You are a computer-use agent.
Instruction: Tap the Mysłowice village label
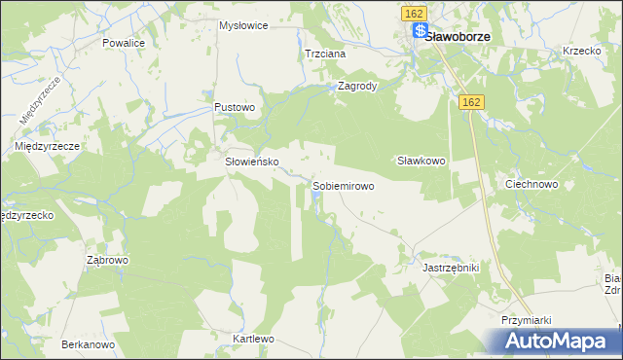[243, 26]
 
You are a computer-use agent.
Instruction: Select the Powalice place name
[124, 44]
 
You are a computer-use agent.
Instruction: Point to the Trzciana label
[325, 54]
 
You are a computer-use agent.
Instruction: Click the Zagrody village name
[356, 86]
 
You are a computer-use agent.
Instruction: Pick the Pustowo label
[235, 107]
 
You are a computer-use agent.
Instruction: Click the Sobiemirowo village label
[344, 185]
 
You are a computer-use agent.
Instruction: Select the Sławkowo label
[421, 162]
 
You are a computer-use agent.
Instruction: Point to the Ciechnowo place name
[531, 183]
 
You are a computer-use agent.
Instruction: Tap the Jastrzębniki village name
[452, 266]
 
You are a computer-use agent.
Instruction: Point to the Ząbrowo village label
[108, 261]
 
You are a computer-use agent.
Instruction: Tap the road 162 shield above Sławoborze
[412, 13]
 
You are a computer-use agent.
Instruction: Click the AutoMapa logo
[557, 342]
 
